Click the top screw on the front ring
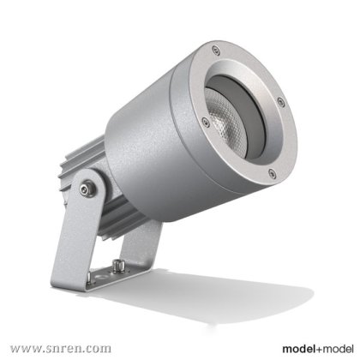pos(216,51)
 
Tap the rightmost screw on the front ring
pos(280,101)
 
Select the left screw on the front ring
pos(205,122)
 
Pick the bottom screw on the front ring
pos(272,172)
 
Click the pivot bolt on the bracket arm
pos(87,189)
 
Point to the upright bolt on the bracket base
pos(117,266)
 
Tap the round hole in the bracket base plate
pos(100,277)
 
